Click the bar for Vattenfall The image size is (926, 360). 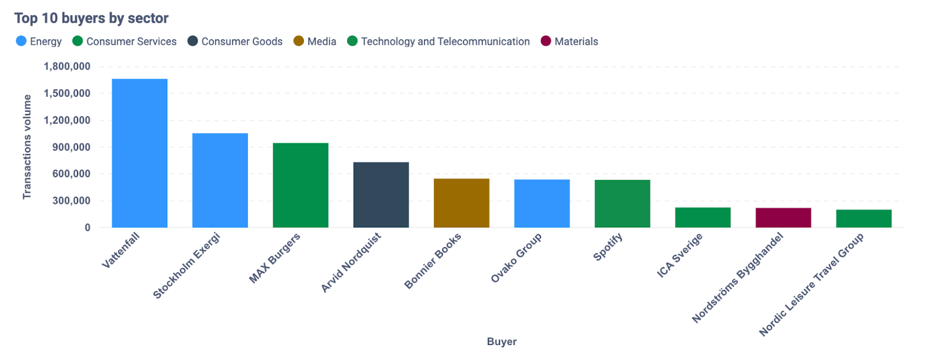(x=139, y=153)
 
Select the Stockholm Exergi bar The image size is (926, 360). (x=220, y=181)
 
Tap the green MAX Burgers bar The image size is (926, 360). (x=300, y=185)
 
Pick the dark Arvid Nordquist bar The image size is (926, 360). (x=381, y=195)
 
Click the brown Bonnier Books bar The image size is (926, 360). (x=461, y=203)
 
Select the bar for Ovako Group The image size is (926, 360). (x=542, y=204)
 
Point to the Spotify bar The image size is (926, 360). (x=622, y=204)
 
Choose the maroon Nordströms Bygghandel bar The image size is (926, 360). (x=783, y=218)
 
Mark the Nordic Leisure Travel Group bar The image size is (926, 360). (x=863, y=219)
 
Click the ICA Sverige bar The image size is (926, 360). (x=703, y=218)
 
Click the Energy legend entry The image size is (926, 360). (x=39, y=42)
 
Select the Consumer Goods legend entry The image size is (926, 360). (x=235, y=42)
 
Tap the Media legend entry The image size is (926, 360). (x=315, y=42)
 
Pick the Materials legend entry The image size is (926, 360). (x=569, y=42)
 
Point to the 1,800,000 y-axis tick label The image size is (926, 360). (x=67, y=67)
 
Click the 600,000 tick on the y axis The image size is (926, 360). (x=71, y=174)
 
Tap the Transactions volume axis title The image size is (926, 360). (x=27, y=147)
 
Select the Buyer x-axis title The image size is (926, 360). (x=501, y=341)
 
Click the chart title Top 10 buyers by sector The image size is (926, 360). (x=91, y=19)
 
